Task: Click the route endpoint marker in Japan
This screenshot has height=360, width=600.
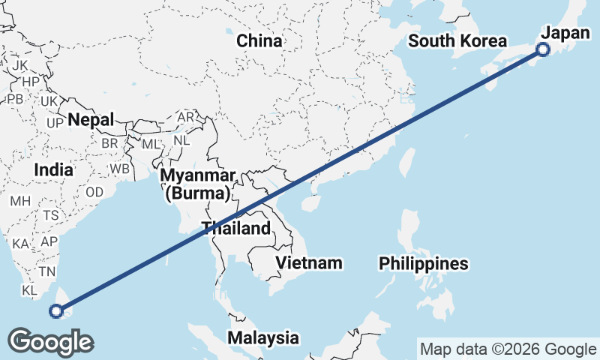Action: click(543, 49)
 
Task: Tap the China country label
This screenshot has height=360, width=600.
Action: click(259, 40)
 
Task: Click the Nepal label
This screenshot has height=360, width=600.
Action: click(91, 119)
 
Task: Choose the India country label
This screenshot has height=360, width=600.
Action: click(53, 170)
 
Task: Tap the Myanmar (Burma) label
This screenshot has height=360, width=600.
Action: click(197, 184)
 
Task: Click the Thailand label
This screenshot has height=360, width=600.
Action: click(235, 228)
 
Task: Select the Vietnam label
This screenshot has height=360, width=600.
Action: click(309, 262)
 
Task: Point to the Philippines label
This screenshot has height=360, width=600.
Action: click(424, 263)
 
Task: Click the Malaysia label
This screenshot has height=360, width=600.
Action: click(263, 337)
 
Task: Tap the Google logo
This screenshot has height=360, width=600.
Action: click(50, 342)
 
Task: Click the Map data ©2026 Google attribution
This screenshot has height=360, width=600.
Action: click(508, 349)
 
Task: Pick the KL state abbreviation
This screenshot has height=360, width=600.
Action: click(30, 290)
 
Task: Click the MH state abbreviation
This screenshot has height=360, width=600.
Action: click(20, 201)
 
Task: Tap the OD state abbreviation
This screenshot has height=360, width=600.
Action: click(94, 192)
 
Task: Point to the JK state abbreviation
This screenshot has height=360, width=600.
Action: click(19, 65)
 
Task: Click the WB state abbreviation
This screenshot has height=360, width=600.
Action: click(118, 169)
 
